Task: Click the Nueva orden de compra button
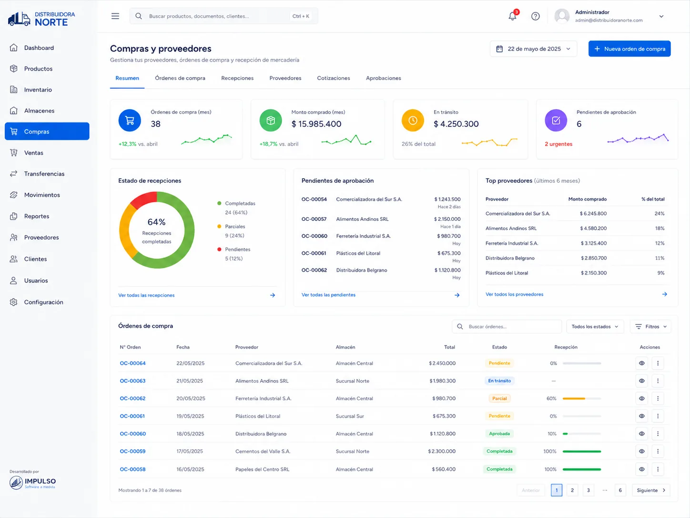tap(629, 49)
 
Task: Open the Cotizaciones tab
tap(333, 78)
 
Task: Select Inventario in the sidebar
tap(38, 90)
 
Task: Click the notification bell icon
tap(512, 16)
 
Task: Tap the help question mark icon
tap(535, 16)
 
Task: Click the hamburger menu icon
tap(115, 16)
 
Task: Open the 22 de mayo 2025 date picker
tap(533, 49)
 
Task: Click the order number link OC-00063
tap(132, 381)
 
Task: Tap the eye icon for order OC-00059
tap(641, 451)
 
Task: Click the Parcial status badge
tap(499, 398)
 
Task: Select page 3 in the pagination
tap(588, 490)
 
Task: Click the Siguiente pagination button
tap(651, 490)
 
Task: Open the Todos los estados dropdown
tap(595, 326)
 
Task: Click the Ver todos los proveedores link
tap(514, 294)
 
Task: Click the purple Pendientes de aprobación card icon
tap(556, 120)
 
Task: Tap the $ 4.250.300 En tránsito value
tap(456, 124)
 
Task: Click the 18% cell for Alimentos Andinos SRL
tap(660, 228)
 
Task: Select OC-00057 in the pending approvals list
tap(314, 219)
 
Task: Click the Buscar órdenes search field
tap(507, 326)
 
